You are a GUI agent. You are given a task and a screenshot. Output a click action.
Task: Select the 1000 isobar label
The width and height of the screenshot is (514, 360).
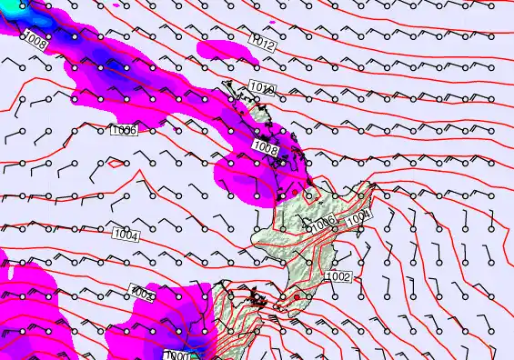tap(178, 355)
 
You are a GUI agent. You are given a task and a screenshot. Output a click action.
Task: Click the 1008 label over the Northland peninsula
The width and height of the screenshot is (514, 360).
tap(266, 147)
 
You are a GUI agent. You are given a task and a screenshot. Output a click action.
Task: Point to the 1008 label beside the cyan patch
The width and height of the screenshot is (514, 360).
tap(35, 39)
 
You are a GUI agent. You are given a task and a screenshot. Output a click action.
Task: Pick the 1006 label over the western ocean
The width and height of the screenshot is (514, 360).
tap(124, 131)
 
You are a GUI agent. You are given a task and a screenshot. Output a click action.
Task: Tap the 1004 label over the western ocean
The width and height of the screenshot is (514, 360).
tap(126, 235)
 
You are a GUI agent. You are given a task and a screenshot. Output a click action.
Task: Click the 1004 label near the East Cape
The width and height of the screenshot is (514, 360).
tap(359, 215)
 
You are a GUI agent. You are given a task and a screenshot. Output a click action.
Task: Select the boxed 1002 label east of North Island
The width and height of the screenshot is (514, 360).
tap(338, 276)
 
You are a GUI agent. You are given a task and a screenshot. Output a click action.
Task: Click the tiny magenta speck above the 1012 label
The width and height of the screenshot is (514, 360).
tap(273, 20)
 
